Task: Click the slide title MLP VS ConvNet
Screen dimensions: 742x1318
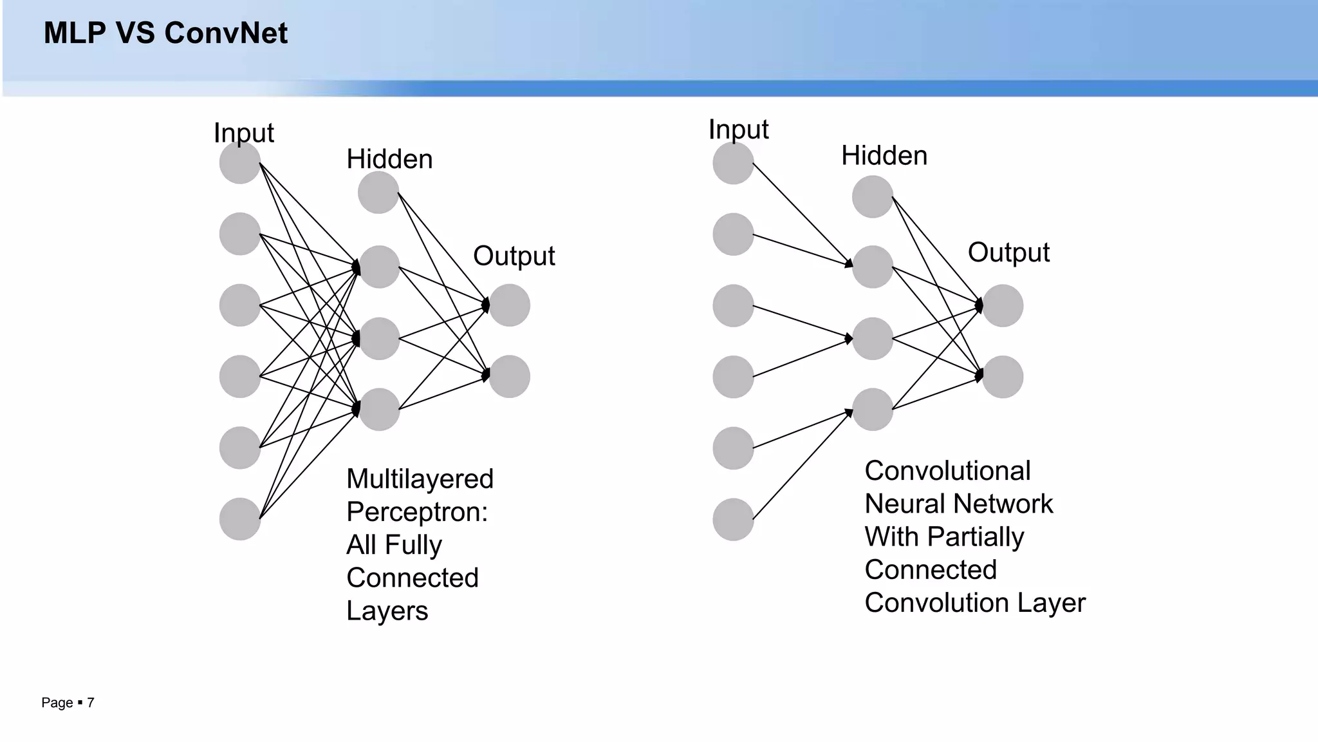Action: click(165, 33)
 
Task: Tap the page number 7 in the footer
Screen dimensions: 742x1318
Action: click(91, 703)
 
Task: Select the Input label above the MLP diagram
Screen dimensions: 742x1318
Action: click(243, 133)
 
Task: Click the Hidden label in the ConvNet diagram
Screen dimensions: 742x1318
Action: click(884, 156)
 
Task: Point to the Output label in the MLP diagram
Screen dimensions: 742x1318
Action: click(514, 256)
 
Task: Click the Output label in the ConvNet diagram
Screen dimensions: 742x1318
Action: click(1008, 252)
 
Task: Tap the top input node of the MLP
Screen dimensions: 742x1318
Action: click(240, 163)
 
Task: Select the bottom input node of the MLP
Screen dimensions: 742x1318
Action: click(240, 518)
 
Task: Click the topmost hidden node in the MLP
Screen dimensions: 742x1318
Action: click(378, 192)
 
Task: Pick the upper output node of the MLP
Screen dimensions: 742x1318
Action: click(509, 305)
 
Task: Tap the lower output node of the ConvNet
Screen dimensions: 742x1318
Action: click(1003, 377)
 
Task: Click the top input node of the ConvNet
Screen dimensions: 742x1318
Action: click(733, 163)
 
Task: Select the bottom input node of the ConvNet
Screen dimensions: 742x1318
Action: click(733, 519)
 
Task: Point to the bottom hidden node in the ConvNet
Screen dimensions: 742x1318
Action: click(873, 409)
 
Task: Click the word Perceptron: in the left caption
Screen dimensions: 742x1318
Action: click(417, 513)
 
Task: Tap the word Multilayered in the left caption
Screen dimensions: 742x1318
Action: click(420, 479)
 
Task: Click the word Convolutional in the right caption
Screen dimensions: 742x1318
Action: click(947, 471)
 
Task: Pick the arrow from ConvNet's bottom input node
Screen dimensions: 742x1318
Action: click(801, 466)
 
